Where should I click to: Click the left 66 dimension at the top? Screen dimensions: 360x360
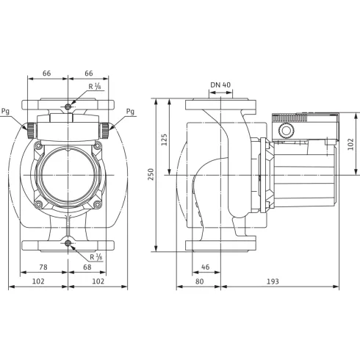(48, 73)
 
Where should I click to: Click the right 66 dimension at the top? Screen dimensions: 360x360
(89, 73)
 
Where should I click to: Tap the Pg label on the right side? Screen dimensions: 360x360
(130, 112)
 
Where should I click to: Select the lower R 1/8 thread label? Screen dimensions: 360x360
(95, 256)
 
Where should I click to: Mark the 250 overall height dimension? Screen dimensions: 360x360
(151, 174)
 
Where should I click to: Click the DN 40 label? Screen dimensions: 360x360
(220, 85)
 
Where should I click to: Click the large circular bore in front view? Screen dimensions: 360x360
(68, 174)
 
